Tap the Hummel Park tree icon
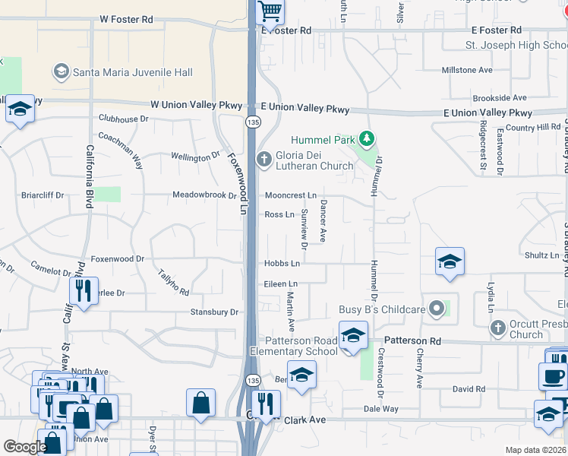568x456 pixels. pos(368,139)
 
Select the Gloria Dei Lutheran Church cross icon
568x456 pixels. pos(264,159)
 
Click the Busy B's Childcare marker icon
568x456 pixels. pos(436,309)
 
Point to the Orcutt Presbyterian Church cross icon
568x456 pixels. pos(498,328)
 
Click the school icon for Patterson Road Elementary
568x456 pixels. pos(353,334)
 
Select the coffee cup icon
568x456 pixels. pos(552,375)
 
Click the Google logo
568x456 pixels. pos(25,447)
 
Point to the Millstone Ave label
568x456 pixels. pos(467,70)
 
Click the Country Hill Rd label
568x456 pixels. pos(532,128)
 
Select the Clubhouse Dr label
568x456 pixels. pos(123,119)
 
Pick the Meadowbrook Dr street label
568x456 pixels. pos(204,195)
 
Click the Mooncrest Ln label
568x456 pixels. pos(290,195)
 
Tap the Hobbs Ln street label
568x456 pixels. pos(282,264)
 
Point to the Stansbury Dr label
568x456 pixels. pos(214,312)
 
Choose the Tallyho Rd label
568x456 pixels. pos(173,283)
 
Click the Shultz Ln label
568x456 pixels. pos(541,255)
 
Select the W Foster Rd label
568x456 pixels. pos(125,18)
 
